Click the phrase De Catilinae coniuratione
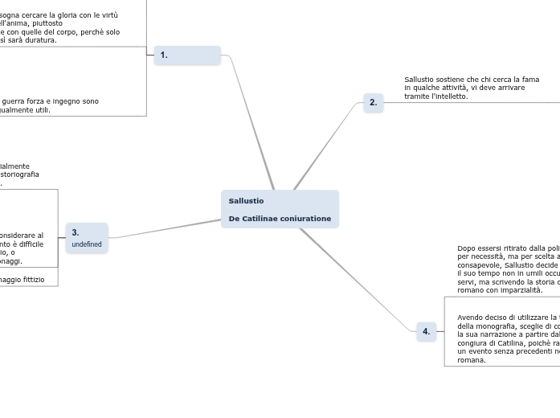279,219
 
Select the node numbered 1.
187,55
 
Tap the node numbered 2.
373,103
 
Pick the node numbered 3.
87,238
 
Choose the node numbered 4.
426,331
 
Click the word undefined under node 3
87,244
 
